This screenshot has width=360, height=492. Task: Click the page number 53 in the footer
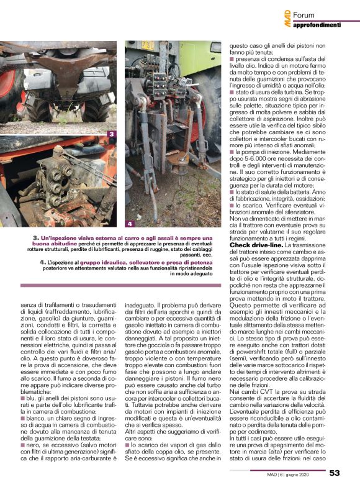pyautogui.click(x=335, y=473)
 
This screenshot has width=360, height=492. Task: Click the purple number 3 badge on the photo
pyautogui.click(x=110, y=134)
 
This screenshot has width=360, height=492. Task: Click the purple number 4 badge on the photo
pyautogui.click(x=130, y=222)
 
